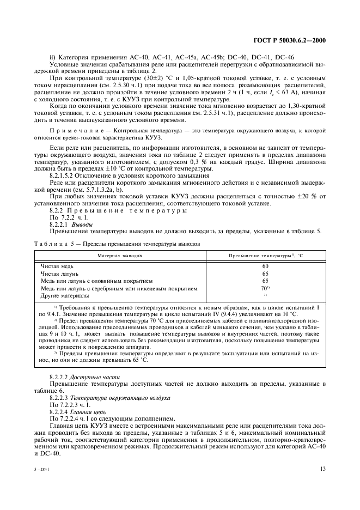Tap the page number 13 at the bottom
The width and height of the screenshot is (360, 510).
322,469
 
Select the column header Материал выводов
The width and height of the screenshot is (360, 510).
120,255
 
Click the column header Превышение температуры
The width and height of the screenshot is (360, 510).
265,255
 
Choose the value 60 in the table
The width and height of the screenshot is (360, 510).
265,266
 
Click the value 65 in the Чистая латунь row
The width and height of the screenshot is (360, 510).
265,274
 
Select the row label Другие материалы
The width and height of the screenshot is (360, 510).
65,295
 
